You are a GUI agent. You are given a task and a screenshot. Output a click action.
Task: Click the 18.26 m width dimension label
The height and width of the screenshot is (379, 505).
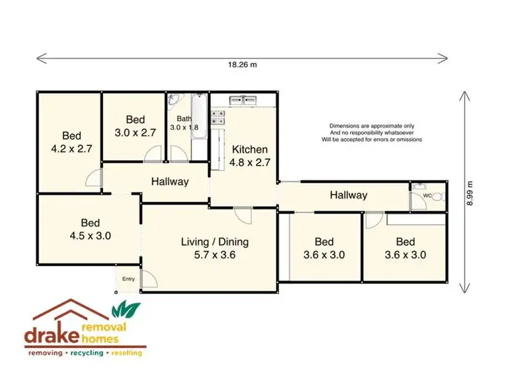pos(243,65)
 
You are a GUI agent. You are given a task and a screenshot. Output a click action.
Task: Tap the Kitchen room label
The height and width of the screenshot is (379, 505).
pos(250,156)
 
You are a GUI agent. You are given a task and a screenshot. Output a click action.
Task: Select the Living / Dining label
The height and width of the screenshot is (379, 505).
pos(215,248)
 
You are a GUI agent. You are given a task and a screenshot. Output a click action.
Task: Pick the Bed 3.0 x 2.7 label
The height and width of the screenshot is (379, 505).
pos(135,126)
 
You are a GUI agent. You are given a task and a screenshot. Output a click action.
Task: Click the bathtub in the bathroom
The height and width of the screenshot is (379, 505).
pos(199,117)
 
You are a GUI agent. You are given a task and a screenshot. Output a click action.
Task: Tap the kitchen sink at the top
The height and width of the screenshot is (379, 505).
pos(243,101)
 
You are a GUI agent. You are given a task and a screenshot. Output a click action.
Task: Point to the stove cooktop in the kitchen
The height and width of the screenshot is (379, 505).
pos(218,119)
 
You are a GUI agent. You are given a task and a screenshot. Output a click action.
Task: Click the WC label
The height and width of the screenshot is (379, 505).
pos(426,197)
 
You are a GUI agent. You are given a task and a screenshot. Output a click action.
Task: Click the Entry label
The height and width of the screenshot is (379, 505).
pos(128,279)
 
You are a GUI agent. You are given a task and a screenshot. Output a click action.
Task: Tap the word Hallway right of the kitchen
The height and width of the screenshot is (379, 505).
pos(348,195)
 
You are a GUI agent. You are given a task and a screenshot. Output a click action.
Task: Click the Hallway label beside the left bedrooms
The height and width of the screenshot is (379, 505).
pos(169,182)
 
